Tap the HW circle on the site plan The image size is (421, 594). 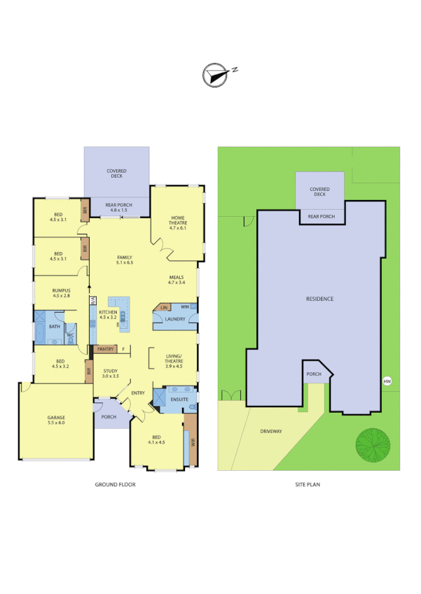click(386, 381)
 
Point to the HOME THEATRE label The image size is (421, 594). click(177, 222)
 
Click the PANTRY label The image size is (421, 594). click(106, 348)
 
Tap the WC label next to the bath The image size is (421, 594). click(71, 335)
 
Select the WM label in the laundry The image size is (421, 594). click(184, 306)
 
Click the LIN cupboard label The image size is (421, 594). click(163, 307)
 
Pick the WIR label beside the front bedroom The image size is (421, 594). click(192, 442)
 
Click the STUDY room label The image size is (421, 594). click(111, 371)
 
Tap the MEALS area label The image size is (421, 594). click(177, 278)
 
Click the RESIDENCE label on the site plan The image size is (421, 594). click(319, 299)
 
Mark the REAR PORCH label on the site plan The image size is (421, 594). click(322, 216)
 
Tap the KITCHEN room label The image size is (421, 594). click(107, 311)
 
